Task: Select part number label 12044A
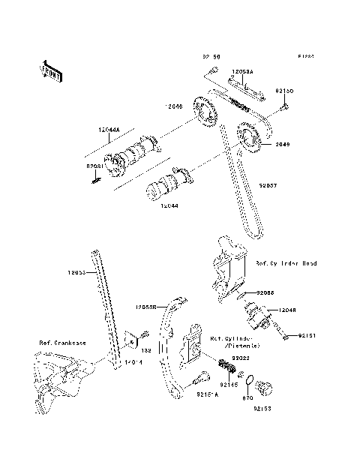click(107, 130)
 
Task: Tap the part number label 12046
click(174, 106)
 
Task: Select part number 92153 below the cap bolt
click(262, 409)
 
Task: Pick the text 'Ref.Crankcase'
click(62, 343)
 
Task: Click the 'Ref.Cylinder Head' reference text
click(286, 263)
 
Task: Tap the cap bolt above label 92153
click(263, 389)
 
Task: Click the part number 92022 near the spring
click(240, 358)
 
